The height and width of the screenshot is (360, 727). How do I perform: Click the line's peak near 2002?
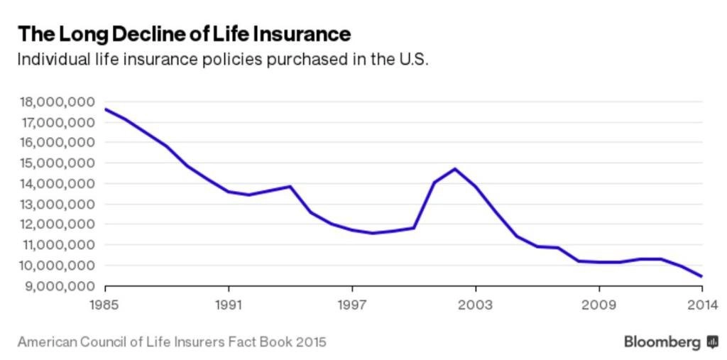[x=455, y=168]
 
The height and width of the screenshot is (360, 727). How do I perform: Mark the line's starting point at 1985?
[x=106, y=109]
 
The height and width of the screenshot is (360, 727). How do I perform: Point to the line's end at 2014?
[x=702, y=277]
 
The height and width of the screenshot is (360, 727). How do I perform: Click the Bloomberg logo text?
[x=662, y=342]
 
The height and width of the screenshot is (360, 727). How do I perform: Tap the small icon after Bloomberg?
[x=712, y=342]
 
